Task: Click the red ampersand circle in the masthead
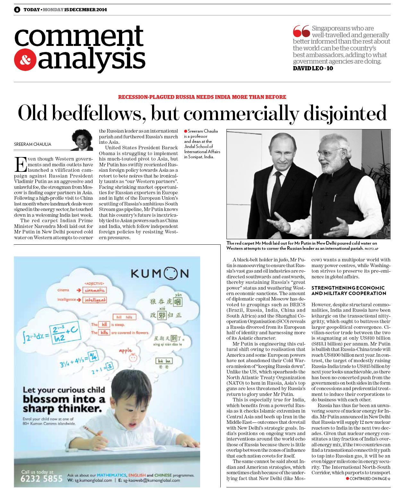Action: [x=25, y=60]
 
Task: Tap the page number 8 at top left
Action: [x=17, y=10]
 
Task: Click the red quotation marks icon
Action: [x=301, y=31]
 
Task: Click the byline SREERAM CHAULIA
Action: [x=33, y=144]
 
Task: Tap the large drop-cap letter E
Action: [x=20, y=164]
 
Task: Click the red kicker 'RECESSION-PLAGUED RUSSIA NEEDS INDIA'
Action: [x=202, y=97]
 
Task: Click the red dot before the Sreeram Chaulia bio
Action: [x=185, y=131]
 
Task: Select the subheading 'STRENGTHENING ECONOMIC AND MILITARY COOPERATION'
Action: [x=348, y=291]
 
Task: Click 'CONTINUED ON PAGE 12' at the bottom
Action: [x=369, y=478]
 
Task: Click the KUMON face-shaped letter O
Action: [x=171, y=274]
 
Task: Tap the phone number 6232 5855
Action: [x=41, y=478]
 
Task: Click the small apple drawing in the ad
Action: [x=132, y=357]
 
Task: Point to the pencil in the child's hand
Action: [x=91, y=432]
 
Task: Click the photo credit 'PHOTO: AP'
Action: [x=371, y=249]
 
